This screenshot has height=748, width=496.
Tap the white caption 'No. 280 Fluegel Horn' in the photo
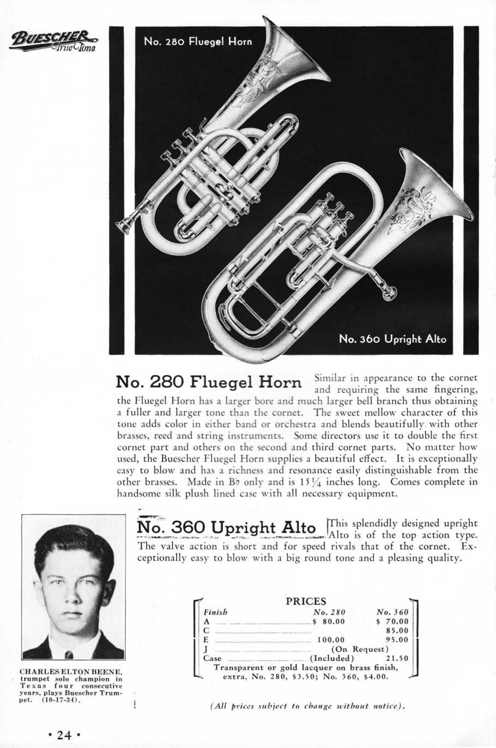click(198, 41)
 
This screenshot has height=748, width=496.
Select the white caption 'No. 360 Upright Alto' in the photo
click(392, 339)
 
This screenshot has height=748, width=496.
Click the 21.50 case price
click(398, 658)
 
